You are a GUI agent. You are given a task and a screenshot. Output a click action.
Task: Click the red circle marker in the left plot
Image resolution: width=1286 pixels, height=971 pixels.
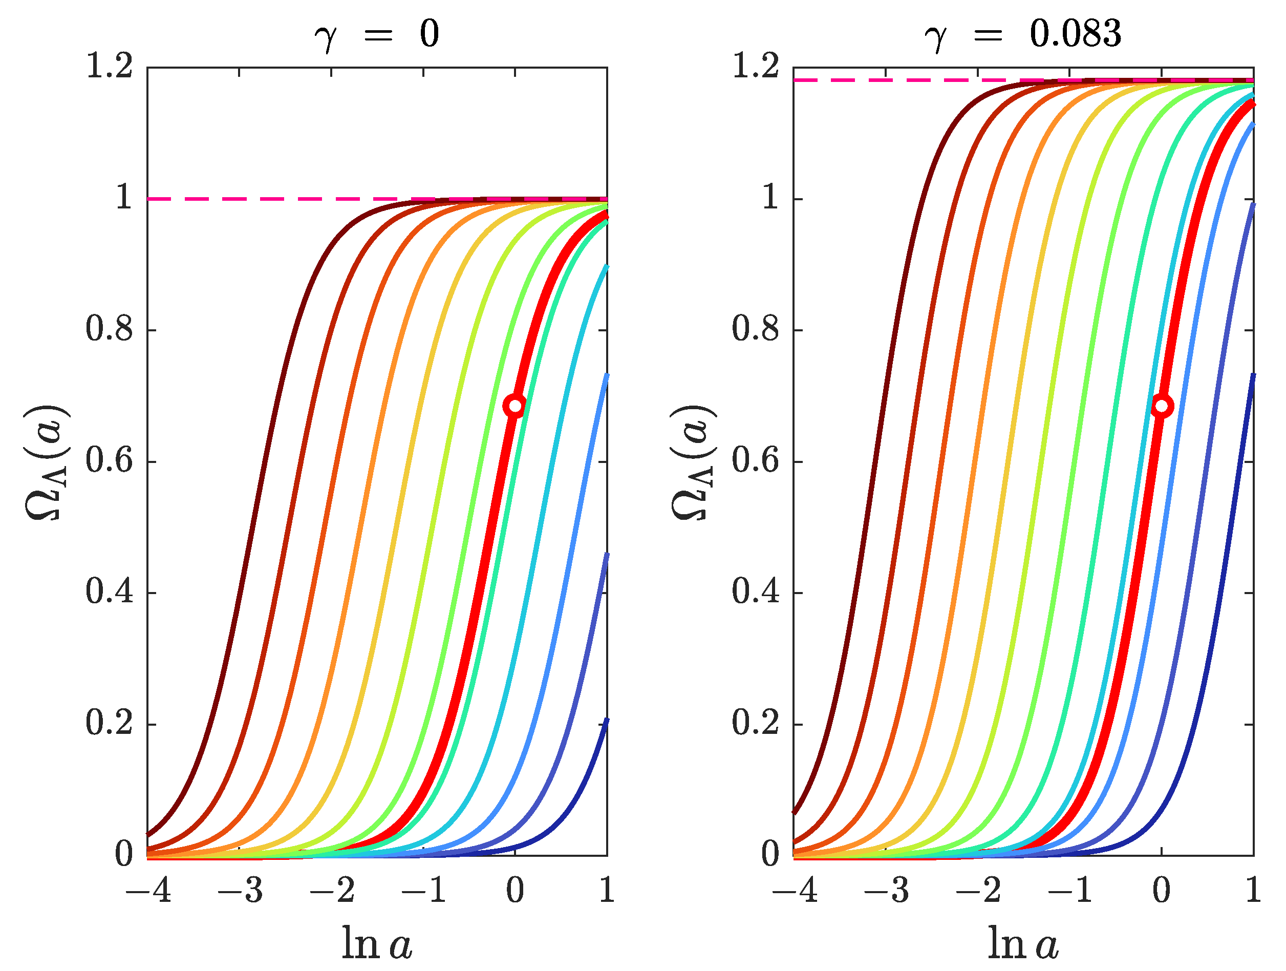(x=515, y=405)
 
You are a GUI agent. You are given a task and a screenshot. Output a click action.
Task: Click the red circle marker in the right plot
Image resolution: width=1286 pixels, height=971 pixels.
(x=1161, y=406)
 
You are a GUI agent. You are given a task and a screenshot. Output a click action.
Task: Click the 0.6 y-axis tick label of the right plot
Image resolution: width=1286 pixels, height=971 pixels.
(x=755, y=460)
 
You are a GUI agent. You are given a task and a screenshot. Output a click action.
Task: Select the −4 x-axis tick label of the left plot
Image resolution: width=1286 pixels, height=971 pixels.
(x=148, y=890)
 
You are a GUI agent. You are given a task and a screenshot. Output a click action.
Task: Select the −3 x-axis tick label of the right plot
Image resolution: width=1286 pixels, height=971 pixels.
(x=886, y=890)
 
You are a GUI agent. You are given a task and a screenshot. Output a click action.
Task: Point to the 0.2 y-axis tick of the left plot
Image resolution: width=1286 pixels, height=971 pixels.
(x=109, y=723)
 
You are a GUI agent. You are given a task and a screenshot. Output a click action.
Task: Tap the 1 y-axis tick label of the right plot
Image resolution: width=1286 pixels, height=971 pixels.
(x=770, y=198)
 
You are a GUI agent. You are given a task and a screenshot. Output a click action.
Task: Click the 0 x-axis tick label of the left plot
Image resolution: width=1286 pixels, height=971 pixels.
(x=515, y=890)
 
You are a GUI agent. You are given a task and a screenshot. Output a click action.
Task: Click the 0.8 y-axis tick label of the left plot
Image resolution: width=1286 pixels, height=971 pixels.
(x=109, y=329)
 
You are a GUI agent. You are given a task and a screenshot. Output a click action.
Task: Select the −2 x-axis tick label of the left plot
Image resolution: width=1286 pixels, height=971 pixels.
(x=331, y=890)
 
